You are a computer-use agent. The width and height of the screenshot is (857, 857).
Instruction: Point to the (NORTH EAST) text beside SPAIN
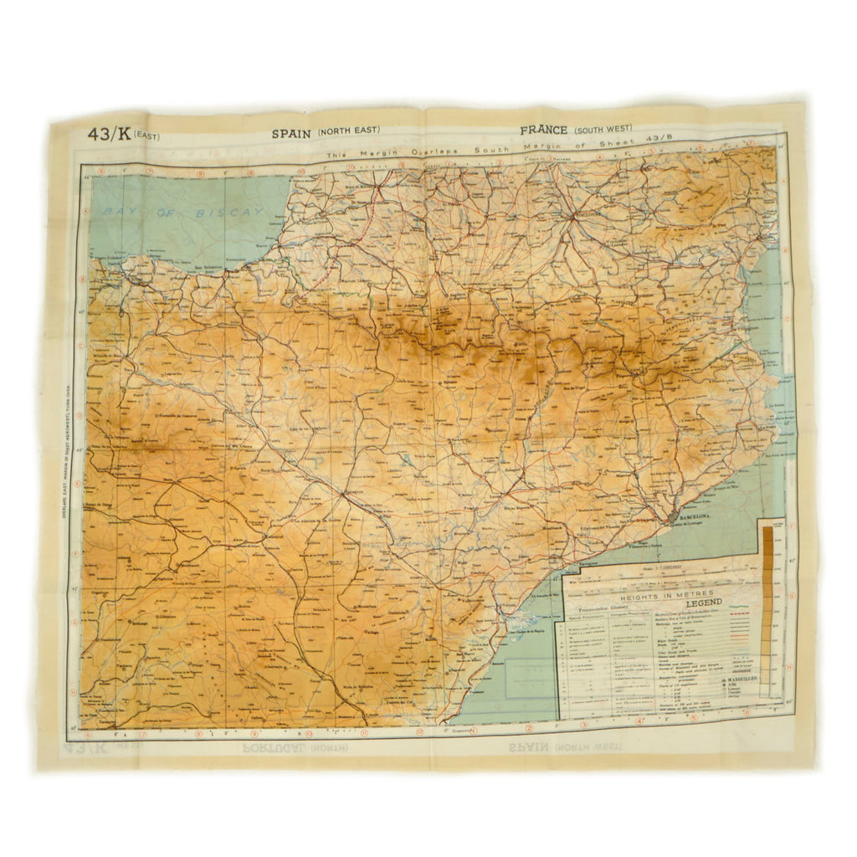pos(348,131)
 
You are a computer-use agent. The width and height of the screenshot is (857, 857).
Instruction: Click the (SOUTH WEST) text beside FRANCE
pos(603,131)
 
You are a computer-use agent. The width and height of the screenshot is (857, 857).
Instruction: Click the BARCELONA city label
pos(694,518)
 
